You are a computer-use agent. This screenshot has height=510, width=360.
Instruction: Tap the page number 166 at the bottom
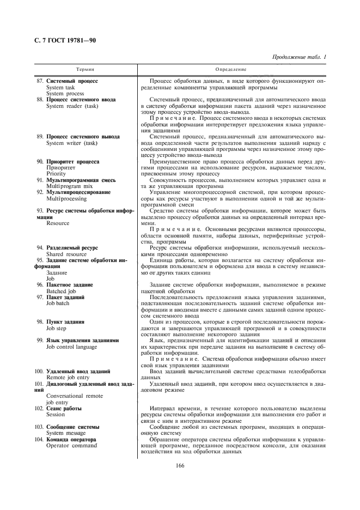180,465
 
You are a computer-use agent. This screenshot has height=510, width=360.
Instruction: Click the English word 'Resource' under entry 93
58,223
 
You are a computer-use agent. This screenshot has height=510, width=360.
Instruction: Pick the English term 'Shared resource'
66,254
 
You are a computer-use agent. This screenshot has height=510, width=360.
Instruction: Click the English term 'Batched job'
60,291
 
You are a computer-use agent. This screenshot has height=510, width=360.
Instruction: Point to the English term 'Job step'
57,328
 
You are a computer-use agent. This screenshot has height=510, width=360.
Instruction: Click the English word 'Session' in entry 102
56,414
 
